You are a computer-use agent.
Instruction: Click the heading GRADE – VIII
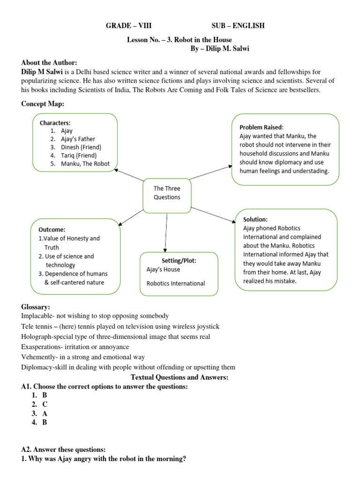[x=128, y=26]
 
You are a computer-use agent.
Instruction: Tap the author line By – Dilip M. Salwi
[x=221, y=49]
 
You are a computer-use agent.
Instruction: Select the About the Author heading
[x=49, y=63]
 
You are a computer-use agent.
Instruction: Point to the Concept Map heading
[x=43, y=104]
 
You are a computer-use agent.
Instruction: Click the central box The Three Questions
[x=167, y=193]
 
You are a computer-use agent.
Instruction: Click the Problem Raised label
[x=261, y=127]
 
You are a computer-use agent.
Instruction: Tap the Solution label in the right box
[x=255, y=219]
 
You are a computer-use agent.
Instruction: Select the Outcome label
[x=52, y=230]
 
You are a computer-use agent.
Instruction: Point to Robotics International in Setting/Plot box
[x=176, y=283]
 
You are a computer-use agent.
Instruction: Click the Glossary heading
[x=36, y=307]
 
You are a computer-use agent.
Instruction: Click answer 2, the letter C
[x=45, y=404]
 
